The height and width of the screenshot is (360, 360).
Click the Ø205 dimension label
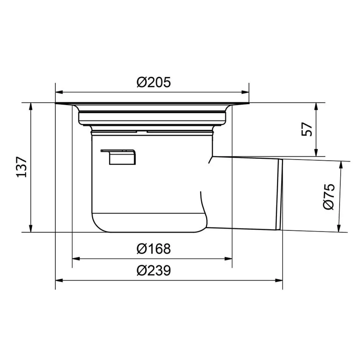pyautogui.click(x=154, y=82)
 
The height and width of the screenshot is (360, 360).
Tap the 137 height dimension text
pyautogui.click(x=22, y=167)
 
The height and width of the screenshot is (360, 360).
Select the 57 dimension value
pyautogui.click(x=307, y=129)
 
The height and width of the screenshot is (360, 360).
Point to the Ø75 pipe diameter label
pyautogui.click(x=329, y=197)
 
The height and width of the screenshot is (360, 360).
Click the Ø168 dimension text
pyautogui.click(x=154, y=249)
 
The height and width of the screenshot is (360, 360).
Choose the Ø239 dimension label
pyautogui.click(x=154, y=271)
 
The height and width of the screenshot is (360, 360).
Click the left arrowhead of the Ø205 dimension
pyautogui.click(x=59, y=92)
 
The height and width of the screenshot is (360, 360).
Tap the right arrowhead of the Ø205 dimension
pyautogui.click(x=245, y=92)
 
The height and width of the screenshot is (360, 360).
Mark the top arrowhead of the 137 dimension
pyautogui.click(x=31, y=107)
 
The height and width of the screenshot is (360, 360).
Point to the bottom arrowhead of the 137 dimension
pyautogui.click(x=31, y=228)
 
